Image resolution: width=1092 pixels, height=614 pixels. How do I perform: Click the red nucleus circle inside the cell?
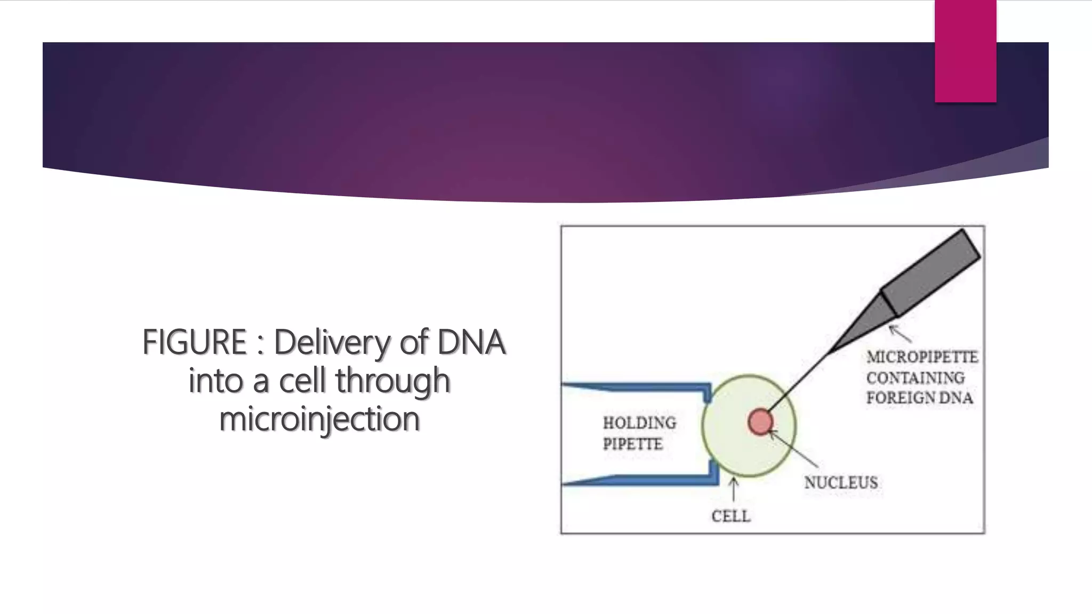point(760,422)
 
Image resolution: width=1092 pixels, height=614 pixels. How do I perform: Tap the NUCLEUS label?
point(841,482)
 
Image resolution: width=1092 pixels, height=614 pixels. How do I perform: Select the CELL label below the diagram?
point(730,516)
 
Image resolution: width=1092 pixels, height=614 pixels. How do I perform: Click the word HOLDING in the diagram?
point(639,423)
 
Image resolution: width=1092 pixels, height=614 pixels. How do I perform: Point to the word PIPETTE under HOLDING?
point(632,444)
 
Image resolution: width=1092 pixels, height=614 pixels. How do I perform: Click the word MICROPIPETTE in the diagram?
point(922,357)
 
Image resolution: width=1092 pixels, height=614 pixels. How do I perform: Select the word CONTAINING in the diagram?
point(915,378)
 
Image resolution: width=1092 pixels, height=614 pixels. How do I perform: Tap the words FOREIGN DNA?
point(919,398)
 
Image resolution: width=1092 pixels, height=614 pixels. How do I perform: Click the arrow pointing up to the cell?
point(734,489)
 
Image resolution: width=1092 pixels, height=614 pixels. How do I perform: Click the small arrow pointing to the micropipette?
point(900,333)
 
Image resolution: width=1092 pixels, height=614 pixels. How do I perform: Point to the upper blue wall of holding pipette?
point(640,387)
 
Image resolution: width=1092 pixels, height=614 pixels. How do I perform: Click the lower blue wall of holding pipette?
point(640,480)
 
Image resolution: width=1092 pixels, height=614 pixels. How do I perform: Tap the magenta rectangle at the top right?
point(965,51)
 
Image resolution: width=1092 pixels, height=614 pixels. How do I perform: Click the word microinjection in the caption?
point(319,419)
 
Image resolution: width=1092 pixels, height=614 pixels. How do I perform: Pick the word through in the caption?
point(392,381)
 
